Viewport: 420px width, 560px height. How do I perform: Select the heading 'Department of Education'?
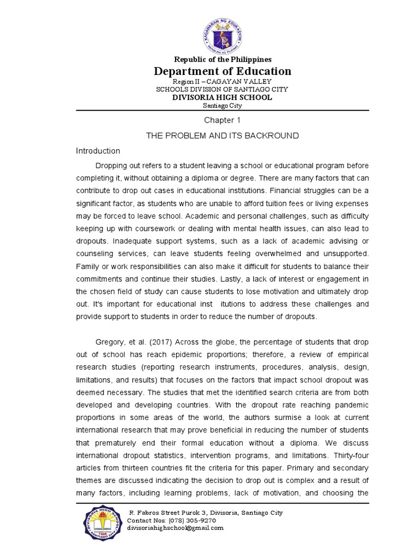click(x=222, y=71)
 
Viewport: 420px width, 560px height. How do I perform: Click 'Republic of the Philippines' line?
click(x=222, y=59)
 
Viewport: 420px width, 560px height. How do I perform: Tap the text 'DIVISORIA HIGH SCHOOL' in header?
click(x=222, y=97)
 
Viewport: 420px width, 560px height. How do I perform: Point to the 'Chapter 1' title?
click(x=222, y=120)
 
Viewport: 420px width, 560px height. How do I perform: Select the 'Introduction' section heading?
click(x=98, y=151)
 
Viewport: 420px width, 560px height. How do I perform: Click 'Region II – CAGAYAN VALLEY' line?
click(x=222, y=81)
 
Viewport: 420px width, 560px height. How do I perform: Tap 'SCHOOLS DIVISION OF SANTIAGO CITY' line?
click(x=222, y=89)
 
